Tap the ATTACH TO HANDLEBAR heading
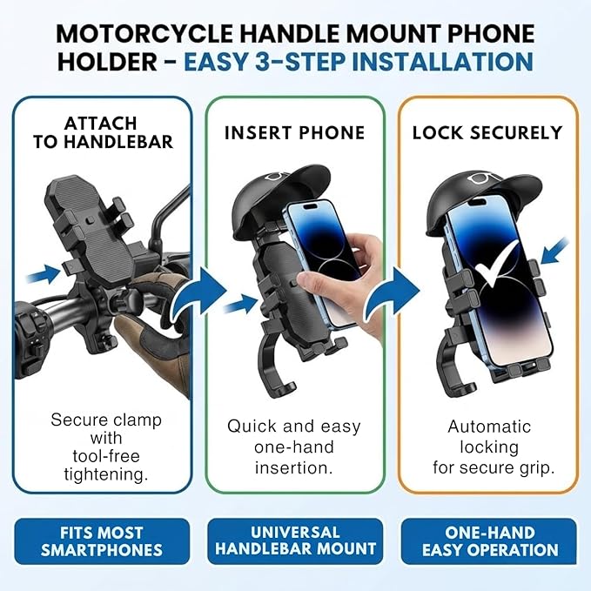click(x=103, y=132)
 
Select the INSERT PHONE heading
click(x=294, y=133)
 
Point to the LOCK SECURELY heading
click(x=487, y=133)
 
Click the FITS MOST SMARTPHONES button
click(x=102, y=541)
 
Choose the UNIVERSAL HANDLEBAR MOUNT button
click(x=295, y=541)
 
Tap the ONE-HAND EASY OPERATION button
click(x=489, y=541)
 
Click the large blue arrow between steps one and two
click(x=196, y=292)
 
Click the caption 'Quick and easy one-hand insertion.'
click(x=295, y=447)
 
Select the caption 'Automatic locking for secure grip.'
click(x=489, y=447)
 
